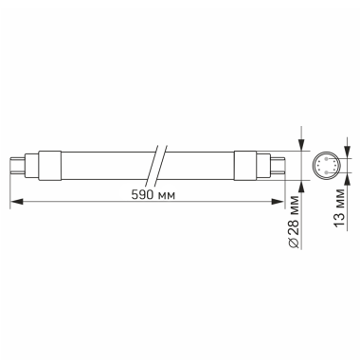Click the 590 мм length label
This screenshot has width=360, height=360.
coord(153,194)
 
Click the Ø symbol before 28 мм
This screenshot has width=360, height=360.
coord(300,243)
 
